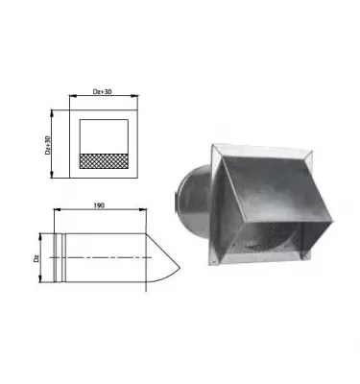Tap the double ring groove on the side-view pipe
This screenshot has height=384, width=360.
click(63, 258)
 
